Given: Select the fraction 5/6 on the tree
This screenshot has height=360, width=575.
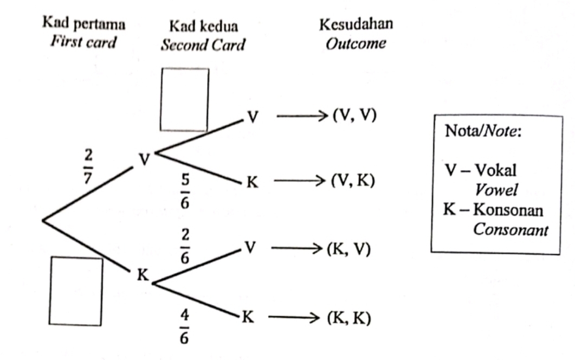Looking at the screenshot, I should point(185,191).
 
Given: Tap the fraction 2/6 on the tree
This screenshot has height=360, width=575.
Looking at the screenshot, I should point(185,246).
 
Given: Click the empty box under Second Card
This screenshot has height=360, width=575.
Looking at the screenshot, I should point(184,99).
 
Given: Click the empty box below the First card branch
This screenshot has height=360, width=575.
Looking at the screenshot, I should point(76,291).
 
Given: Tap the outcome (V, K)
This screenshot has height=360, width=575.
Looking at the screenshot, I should point(353,182).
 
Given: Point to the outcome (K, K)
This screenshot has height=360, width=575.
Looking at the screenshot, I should point(348,318).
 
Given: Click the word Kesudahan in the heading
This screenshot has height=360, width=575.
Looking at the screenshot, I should point(356,25).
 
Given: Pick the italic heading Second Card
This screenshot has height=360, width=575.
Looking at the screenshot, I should point(203,44).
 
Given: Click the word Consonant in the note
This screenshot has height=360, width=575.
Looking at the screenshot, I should point(511,229).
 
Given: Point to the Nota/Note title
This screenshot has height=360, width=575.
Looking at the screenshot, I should point(482,131).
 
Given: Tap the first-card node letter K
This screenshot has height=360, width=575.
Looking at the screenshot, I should point(142,275).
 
